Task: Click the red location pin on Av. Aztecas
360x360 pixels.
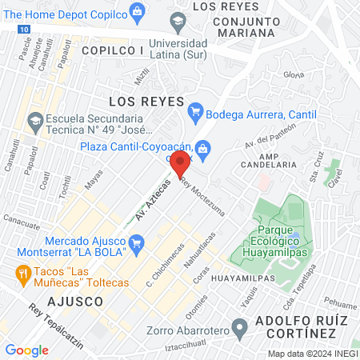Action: click(180, 163)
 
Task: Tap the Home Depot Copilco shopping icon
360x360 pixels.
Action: click(138, 11)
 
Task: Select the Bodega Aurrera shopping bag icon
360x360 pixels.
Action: click(195, 109)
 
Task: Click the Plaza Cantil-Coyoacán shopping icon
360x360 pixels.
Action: click(203, 147)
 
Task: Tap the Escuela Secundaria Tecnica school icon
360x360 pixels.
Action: click(34, 122)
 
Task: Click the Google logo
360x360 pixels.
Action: click(26, 350)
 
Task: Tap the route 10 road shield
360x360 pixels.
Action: click(26, 29)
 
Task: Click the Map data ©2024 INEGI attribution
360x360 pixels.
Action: click(311, 354)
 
